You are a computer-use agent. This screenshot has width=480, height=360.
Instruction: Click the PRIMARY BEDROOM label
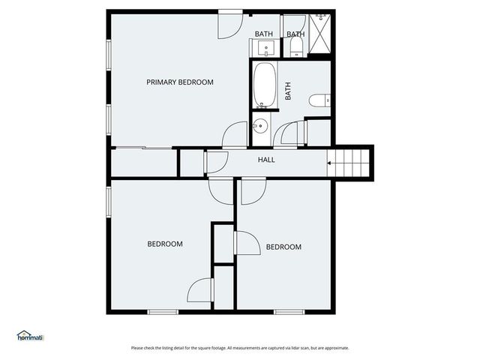pos(179,82)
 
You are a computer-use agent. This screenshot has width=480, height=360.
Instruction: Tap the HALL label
pos(266,160)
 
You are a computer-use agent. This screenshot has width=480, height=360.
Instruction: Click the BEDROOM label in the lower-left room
pos(164,244)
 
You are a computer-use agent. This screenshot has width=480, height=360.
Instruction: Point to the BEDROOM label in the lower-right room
pos(283,247)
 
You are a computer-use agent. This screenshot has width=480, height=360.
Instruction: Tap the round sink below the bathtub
pos(260,125)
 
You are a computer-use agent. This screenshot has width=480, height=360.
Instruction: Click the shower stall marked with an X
pos(321,35)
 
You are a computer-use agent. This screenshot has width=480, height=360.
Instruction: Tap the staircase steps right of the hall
pos(353,161)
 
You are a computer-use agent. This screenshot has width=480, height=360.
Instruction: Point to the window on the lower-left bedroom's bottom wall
pos(162,311)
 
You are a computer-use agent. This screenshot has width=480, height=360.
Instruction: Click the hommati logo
pos(30,336)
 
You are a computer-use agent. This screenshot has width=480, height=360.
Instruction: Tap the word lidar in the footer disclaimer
pos(293,348)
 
